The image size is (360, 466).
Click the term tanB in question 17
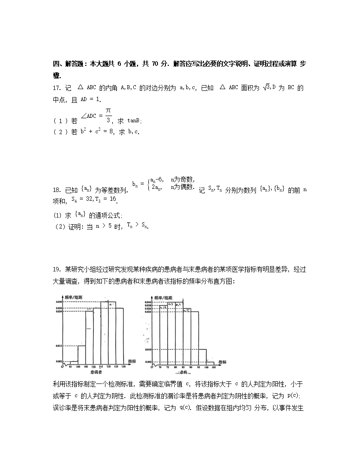[134, 121]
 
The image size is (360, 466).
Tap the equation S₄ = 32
[81, 199]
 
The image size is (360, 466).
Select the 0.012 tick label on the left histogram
[59, 346]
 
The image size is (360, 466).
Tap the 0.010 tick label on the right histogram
[148, 349]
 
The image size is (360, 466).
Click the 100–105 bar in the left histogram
[81, 353]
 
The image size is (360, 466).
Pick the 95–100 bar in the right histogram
[202, 356]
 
